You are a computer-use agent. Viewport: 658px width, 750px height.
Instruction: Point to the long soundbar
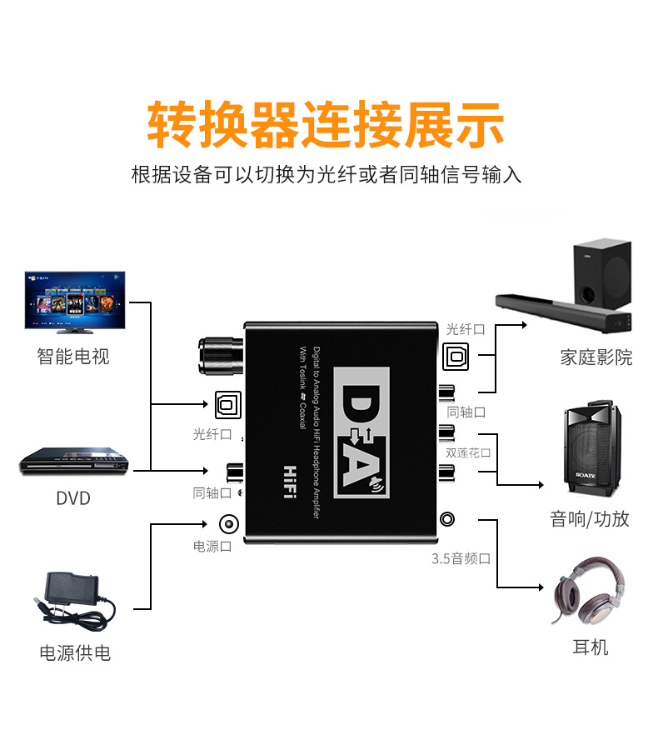click(566, 312)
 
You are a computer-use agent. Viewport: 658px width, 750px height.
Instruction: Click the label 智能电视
click(73, 357)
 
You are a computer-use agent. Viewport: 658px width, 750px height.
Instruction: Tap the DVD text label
click(73, 498)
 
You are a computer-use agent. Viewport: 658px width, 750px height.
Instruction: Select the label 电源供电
click(75, 652)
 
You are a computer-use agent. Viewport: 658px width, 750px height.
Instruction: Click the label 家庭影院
click(596, 357)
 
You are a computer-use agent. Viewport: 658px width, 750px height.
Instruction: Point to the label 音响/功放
click(590, 519)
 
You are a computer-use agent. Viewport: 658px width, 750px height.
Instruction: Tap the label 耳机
click(591, 647)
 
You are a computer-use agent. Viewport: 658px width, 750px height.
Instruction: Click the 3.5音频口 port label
click(461, 558)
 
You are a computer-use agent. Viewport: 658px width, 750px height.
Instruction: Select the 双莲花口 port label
click(468, 452)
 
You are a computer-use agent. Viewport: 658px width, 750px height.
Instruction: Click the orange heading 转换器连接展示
click(327, 125)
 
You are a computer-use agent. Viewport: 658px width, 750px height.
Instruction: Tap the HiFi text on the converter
click(291, 482)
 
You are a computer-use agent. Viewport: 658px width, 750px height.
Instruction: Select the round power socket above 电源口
click(227, 524)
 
